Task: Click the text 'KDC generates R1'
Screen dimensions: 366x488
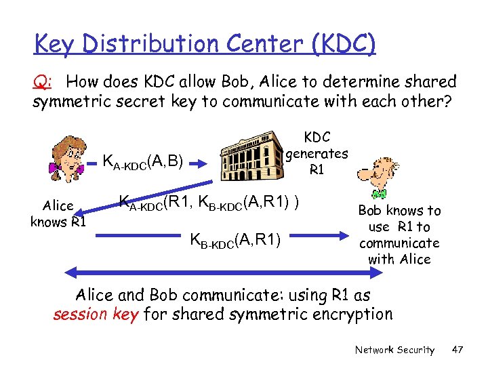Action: tap(317, 153)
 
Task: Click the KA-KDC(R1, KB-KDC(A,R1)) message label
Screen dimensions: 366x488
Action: tap(209, 202)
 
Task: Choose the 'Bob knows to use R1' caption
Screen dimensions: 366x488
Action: tap(399, 235)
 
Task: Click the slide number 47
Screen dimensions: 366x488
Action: tap(457, 350)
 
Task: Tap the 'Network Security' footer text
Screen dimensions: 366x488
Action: tap(394, 350)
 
